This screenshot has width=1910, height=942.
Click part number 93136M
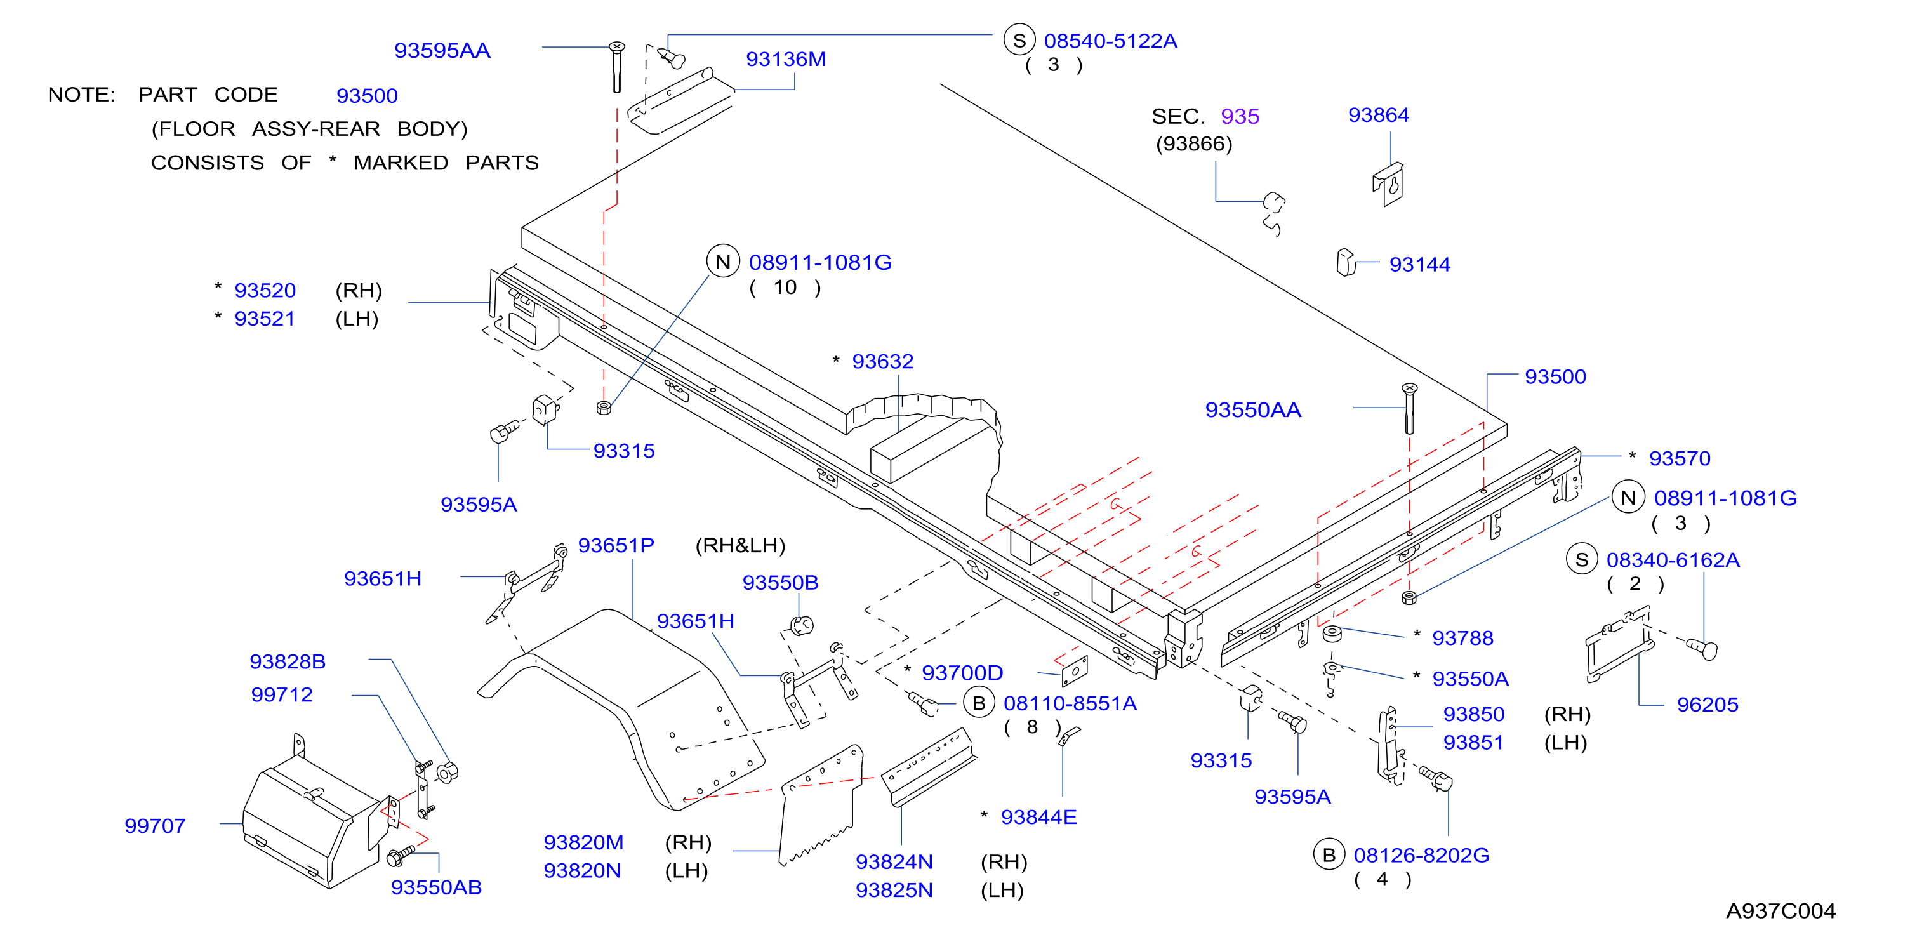coord(785,59)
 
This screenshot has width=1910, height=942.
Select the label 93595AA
coord(442,50)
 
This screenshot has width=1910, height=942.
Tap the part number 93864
coord(1378,115)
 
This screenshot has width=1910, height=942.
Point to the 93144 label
coord(1419,265)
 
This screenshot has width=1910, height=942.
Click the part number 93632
coord(882,361)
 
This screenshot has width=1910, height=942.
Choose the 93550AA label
coord(1253,410)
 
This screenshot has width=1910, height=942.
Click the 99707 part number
coord(155,826)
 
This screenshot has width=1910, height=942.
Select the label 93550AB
coord(436,887)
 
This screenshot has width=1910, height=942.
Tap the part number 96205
coord(1708,705)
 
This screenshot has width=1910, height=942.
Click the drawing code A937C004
coord(1781,911)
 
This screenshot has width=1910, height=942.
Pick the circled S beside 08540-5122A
coord(1019,40)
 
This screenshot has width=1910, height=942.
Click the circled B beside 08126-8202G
coord(1329,855)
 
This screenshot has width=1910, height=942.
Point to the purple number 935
coord(1240,116)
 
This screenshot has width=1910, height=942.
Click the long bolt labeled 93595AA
coord(616,67)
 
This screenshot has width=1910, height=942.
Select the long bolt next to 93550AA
coord(1410,408)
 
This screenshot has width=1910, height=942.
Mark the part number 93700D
coord(962,673)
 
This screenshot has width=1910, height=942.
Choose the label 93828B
coord(288,661)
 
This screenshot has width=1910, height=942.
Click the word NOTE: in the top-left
coord(81,95)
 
